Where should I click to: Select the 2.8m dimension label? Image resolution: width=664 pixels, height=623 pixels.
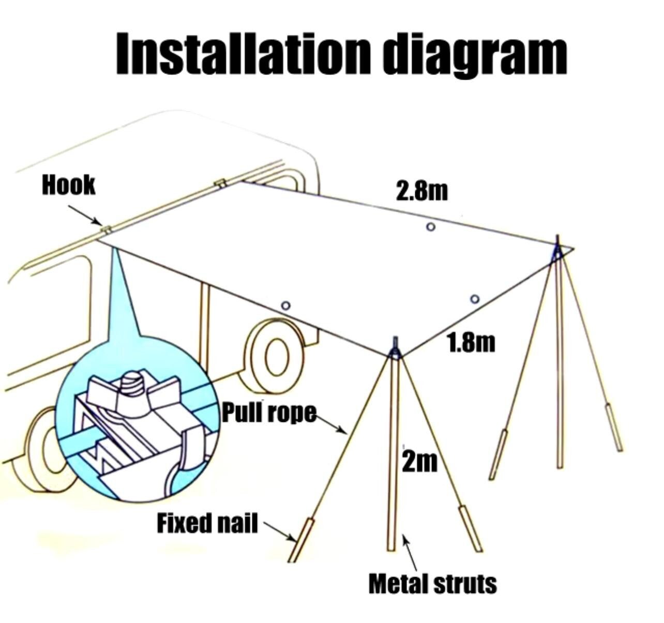point(421,191)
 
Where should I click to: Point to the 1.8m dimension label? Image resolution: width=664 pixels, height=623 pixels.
point(471,342)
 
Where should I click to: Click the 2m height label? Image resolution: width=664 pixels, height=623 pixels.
point(419,462)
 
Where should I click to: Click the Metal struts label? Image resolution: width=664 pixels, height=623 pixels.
point(433,584)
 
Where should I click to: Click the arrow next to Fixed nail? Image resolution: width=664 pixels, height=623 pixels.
point(280,531)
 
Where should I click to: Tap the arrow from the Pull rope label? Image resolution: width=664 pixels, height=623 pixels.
point(331,424)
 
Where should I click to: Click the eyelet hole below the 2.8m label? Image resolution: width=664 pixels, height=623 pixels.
point(431,227)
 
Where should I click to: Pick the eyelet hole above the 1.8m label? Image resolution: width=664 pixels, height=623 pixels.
point(475,299)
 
